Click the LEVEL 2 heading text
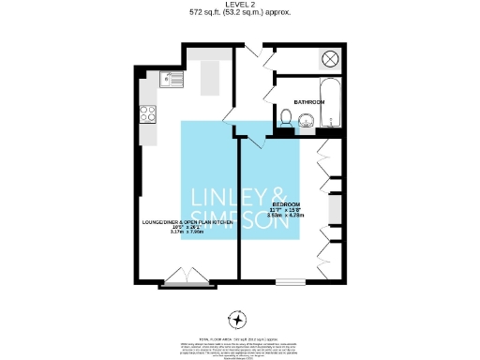[x=240, y=5]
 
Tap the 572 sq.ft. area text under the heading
[x=240, y=12]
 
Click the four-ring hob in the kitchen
[x=147, y=114]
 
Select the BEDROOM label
[x=286, y=202]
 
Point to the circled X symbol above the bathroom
[x=330, y=59]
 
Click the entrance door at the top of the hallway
[x=251, y=52]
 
